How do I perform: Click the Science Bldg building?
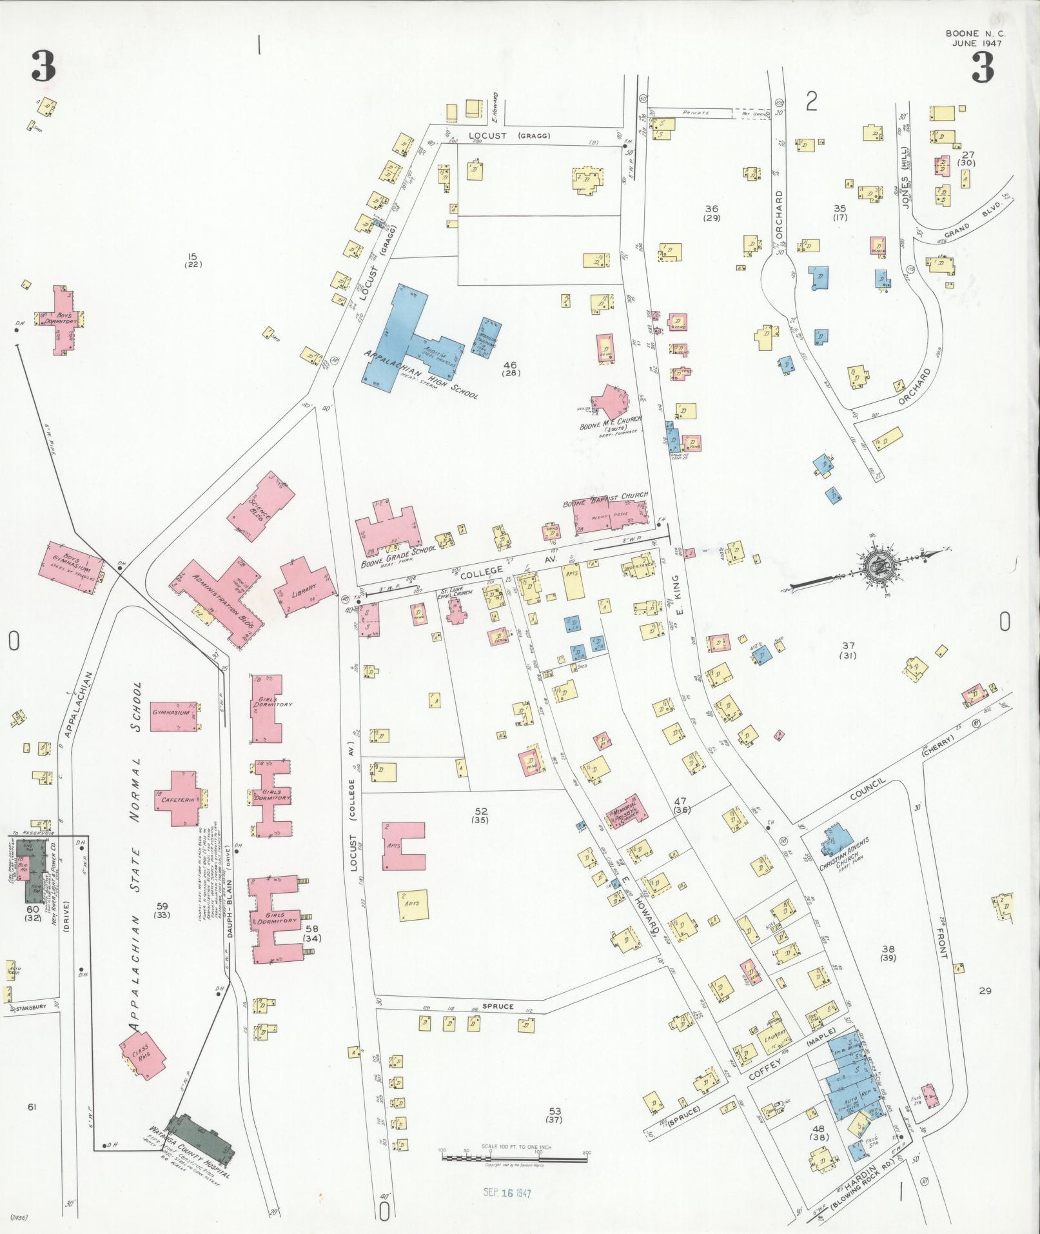[x=261, y=506]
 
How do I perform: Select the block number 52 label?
[x=480, y=811]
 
